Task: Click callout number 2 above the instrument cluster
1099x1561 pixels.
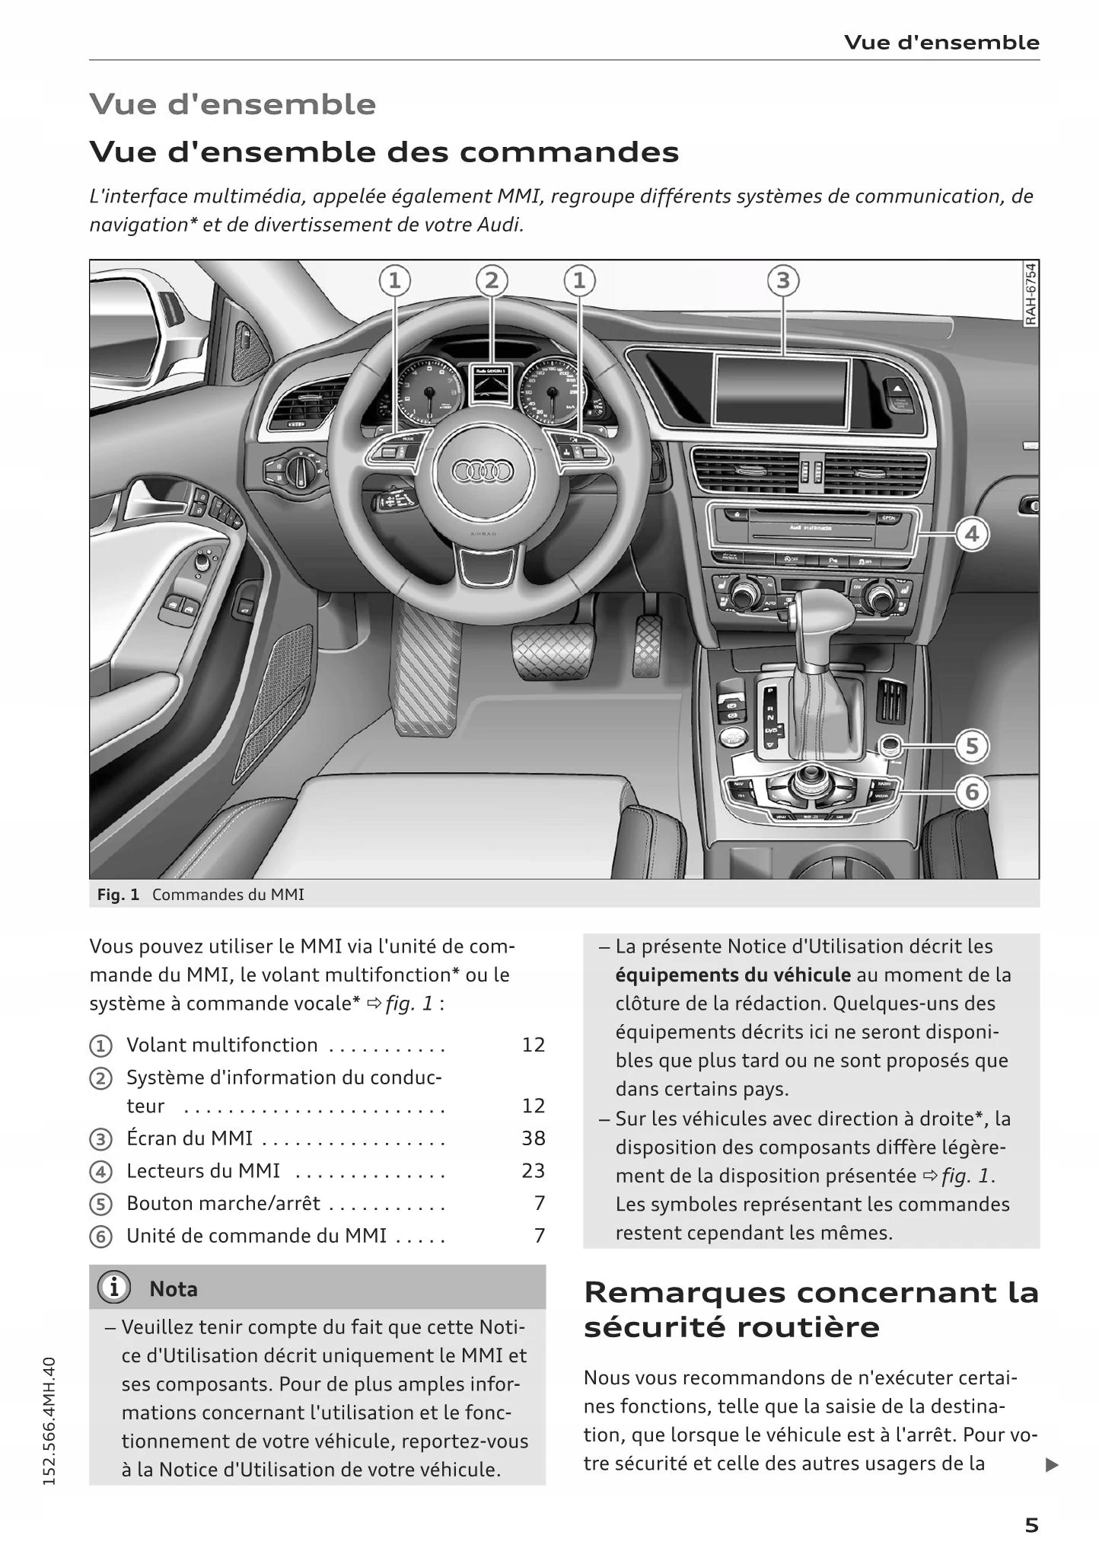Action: coord(492,281)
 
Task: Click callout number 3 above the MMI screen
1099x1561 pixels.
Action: coord(782,281)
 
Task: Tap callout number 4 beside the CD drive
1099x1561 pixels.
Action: coord(972,535)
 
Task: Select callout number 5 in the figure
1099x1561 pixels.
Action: coord(972,746)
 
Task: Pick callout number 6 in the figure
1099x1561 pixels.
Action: coord(972,793)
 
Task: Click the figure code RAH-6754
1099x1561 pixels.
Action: coord(1030,295)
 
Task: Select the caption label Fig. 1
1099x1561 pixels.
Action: coord(118,895)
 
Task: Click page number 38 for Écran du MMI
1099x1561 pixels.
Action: coord(533,1138)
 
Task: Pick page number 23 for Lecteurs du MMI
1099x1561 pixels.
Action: coord(533,1170)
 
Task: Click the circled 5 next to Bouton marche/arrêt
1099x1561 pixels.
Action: coord(100,1205)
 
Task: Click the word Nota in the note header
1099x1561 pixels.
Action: coord(174,1289)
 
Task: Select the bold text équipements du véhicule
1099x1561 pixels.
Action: coord(733,975)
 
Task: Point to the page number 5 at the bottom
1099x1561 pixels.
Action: coord(1031,1525)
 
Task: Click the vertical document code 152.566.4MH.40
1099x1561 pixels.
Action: coord(50,1420)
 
